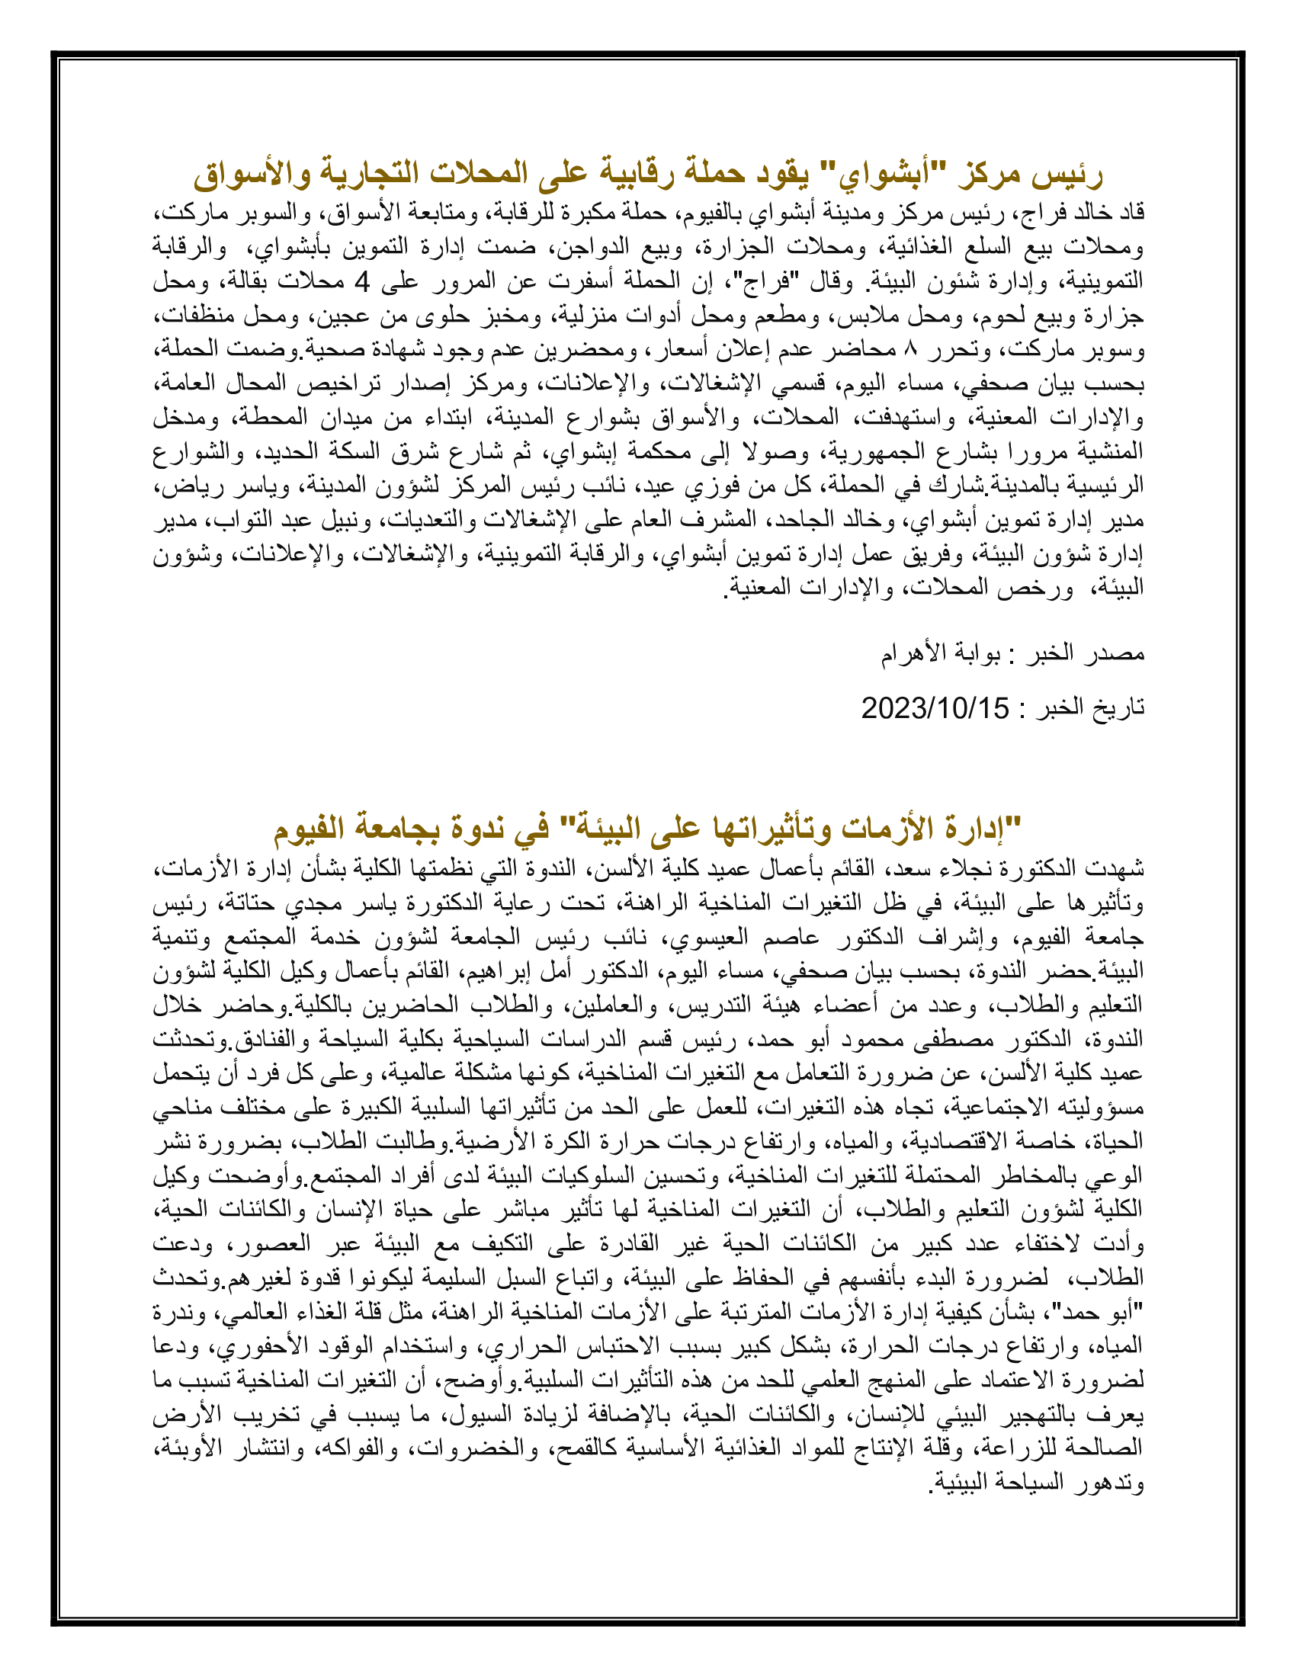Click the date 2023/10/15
[935, 708]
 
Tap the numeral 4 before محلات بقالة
[362, 283]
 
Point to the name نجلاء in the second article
[925, 868]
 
